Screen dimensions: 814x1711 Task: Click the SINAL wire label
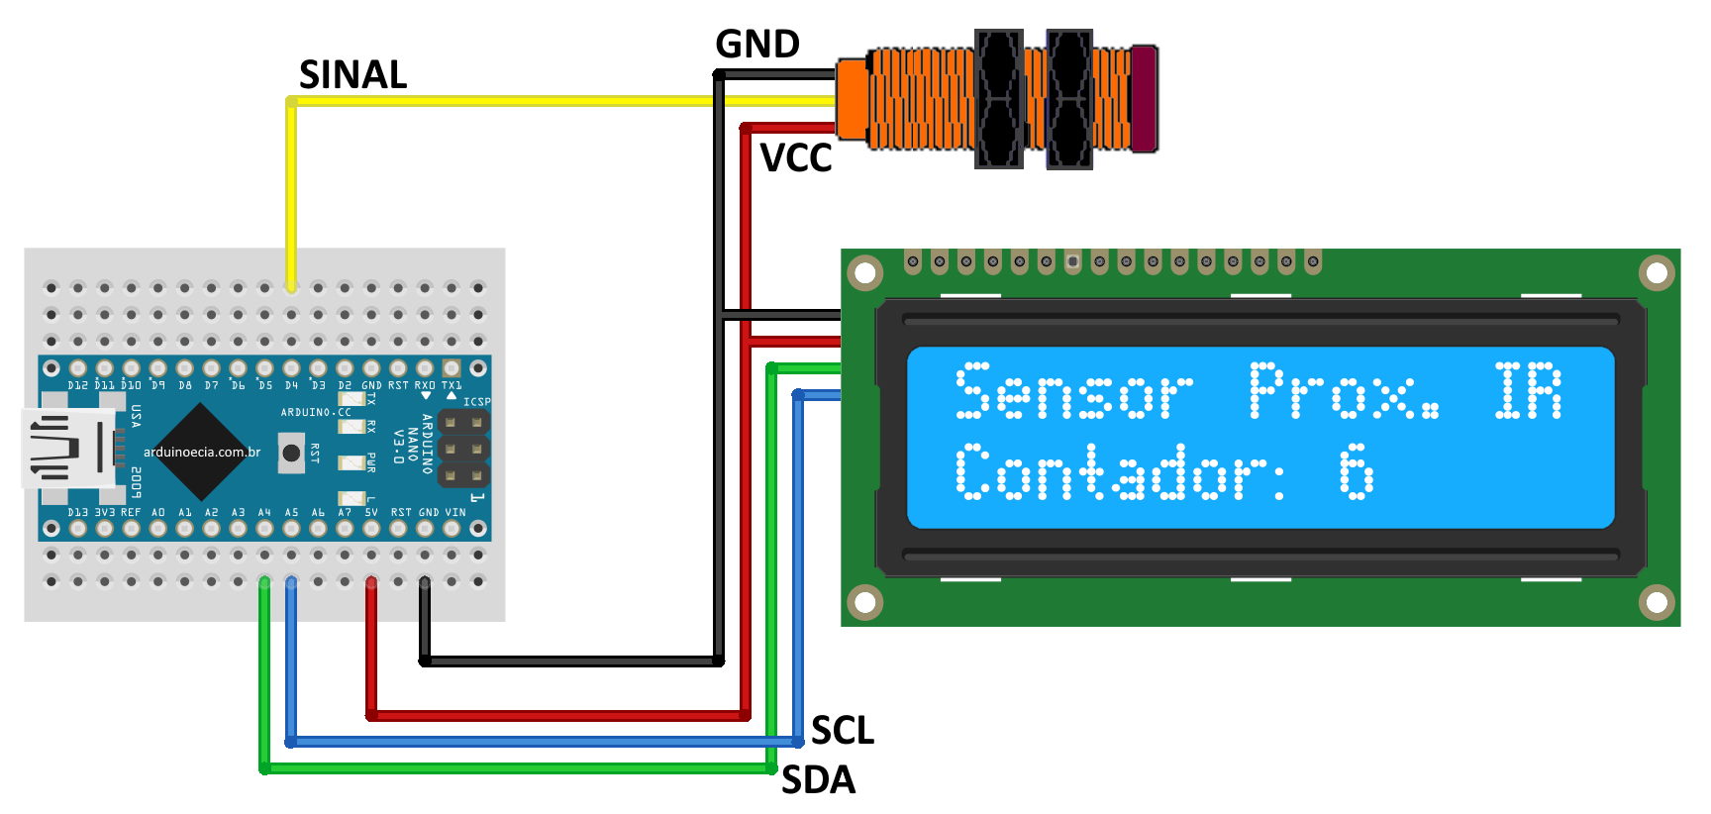click(x=352, y=75)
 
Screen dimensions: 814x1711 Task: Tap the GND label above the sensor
click(x=757, y=45)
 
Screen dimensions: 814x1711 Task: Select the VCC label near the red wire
click(x=796, y=158)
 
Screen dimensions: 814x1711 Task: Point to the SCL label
click(x=843, y=731)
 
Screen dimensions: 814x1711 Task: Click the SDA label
click(x=818, y=780)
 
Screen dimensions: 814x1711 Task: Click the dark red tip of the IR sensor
click(x=1145, y=98)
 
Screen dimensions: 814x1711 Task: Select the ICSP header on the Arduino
click(x=463, y=450)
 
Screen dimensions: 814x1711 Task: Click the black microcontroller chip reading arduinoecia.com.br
click(x=202, y=452)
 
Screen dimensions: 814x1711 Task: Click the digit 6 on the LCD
click(x=1357, y=471)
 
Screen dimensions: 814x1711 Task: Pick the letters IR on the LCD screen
click(x=1528, y=391)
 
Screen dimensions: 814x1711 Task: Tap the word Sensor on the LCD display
click(x=1074, y=391)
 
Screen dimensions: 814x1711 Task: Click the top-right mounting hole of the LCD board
click(x=1657, y=272)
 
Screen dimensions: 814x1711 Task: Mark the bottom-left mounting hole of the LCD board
click(x=864, y=601)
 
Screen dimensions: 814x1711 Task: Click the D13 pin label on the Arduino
click(x=77, y=512)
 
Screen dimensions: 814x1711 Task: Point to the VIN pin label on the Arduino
click(x=454, y=512)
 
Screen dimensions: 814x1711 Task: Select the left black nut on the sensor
click(x=998, y=99)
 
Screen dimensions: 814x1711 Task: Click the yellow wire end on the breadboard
click(x=291, y=284)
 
